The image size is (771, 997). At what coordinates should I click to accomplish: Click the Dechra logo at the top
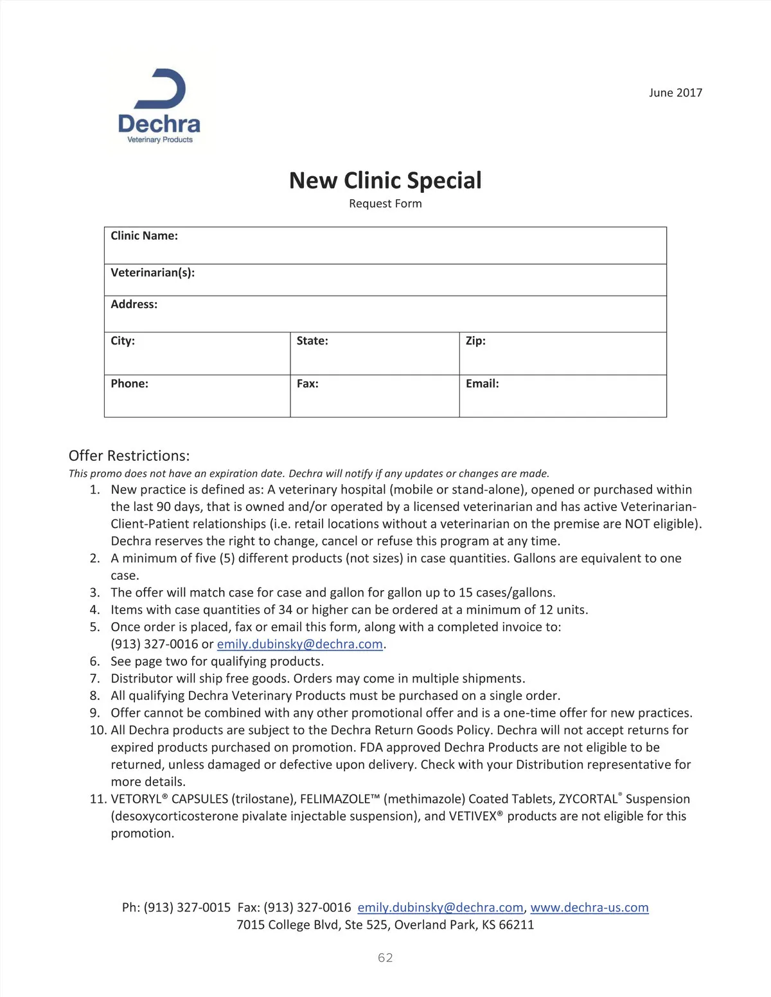click(x=159, y=106)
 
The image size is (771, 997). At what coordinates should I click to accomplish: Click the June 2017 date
click(x=675, y=93)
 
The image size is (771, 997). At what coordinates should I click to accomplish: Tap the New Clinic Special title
click(x=385, y=181)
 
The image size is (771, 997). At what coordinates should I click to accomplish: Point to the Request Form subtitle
click(x=385, y=204)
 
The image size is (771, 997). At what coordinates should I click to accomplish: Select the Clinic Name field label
click(x=144, y=236)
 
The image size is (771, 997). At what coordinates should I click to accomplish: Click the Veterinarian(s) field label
click(x=152, y=273)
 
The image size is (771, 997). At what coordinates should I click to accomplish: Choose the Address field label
click(x=134, y=304)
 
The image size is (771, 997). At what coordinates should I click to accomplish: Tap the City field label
click(x=123, y=341)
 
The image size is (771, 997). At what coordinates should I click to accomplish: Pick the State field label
click(x=312, y=341)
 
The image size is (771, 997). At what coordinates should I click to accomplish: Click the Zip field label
click(x=475, y=341)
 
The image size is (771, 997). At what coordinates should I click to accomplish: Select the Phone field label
click(x=129, y=384)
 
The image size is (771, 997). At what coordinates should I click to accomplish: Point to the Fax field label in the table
click(x=307, y=384)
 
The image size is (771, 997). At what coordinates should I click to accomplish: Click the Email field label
click(x=482, y=384)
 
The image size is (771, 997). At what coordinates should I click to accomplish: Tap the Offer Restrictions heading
click(x=129, y=456)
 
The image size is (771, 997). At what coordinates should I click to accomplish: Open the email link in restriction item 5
click(x=299, y=644)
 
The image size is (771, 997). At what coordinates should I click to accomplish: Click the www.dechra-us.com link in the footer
click(x=589, y=908)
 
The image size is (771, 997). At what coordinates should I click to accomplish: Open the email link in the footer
click(x=440, y=908)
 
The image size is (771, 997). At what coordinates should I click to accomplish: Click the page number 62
click(x=385, y=958)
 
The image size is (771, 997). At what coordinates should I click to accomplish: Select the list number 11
click(x=98, y=799)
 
